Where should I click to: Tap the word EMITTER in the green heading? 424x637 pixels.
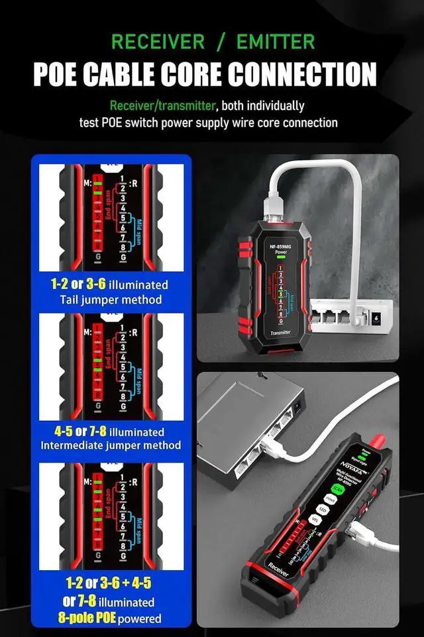[x=267, y=42]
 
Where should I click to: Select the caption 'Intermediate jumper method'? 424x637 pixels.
[x=111, y=445]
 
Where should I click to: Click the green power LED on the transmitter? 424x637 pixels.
[x=280, y=261]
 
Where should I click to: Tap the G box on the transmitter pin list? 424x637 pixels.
[x=280, y=320]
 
